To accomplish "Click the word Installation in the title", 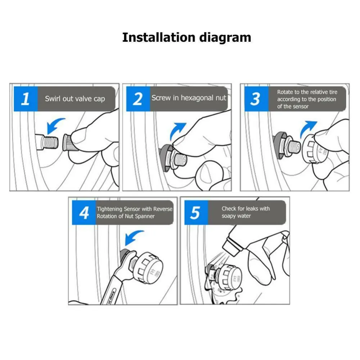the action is click(x=159, y=37).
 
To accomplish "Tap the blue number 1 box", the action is click(x=26, y=99).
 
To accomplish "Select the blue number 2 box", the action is click(x=138, y=99).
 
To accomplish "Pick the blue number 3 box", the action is click(x=256, y=99).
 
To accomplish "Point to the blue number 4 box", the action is click(x=84, y=213).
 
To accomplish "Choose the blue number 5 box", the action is click(x=196, y=213).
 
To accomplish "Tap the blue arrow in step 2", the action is click(x=176, y=130).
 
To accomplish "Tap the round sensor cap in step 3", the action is click(x=315, y=149).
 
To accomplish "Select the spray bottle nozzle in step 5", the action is click(x=231, y=247).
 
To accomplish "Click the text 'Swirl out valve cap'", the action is click(x=75, y=99).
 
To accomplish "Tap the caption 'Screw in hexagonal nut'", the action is click(x=189, y=98).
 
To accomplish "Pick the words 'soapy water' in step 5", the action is click(x=236, y=216).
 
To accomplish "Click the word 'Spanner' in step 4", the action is click(x=145, y=216).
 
